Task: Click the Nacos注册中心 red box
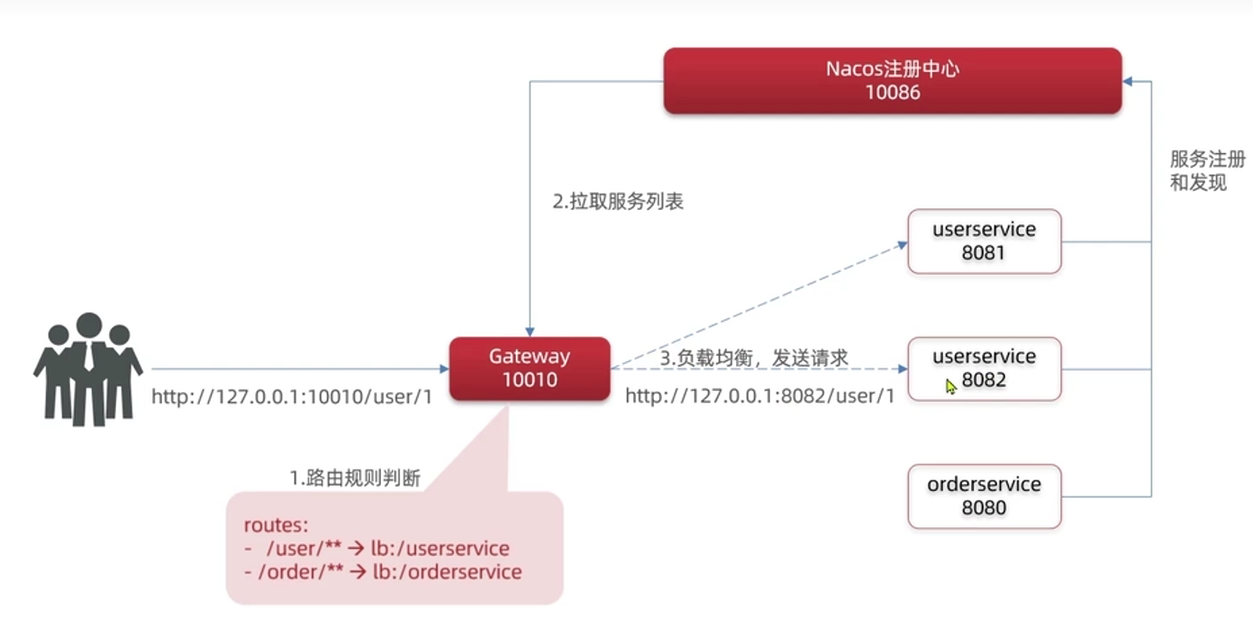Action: point(892,80)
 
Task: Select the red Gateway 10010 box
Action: point(530,369)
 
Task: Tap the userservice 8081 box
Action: point(984,241)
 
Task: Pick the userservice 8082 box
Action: point(984,369)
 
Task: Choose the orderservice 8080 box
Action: point(984,496)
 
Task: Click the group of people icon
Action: point(87,369)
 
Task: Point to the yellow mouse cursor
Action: point(951,386)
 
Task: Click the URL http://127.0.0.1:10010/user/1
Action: point(292,397)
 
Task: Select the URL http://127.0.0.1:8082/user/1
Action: point(759,397)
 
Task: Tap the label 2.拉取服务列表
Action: point(618,202)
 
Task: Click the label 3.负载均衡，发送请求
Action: point(754,358)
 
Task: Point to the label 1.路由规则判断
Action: point(355,479)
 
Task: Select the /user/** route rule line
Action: point(377,549)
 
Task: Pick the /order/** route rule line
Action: point(383,571)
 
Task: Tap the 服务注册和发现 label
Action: point(1206,171)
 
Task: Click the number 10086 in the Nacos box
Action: point(892,92)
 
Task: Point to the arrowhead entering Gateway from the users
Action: point(444,369)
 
